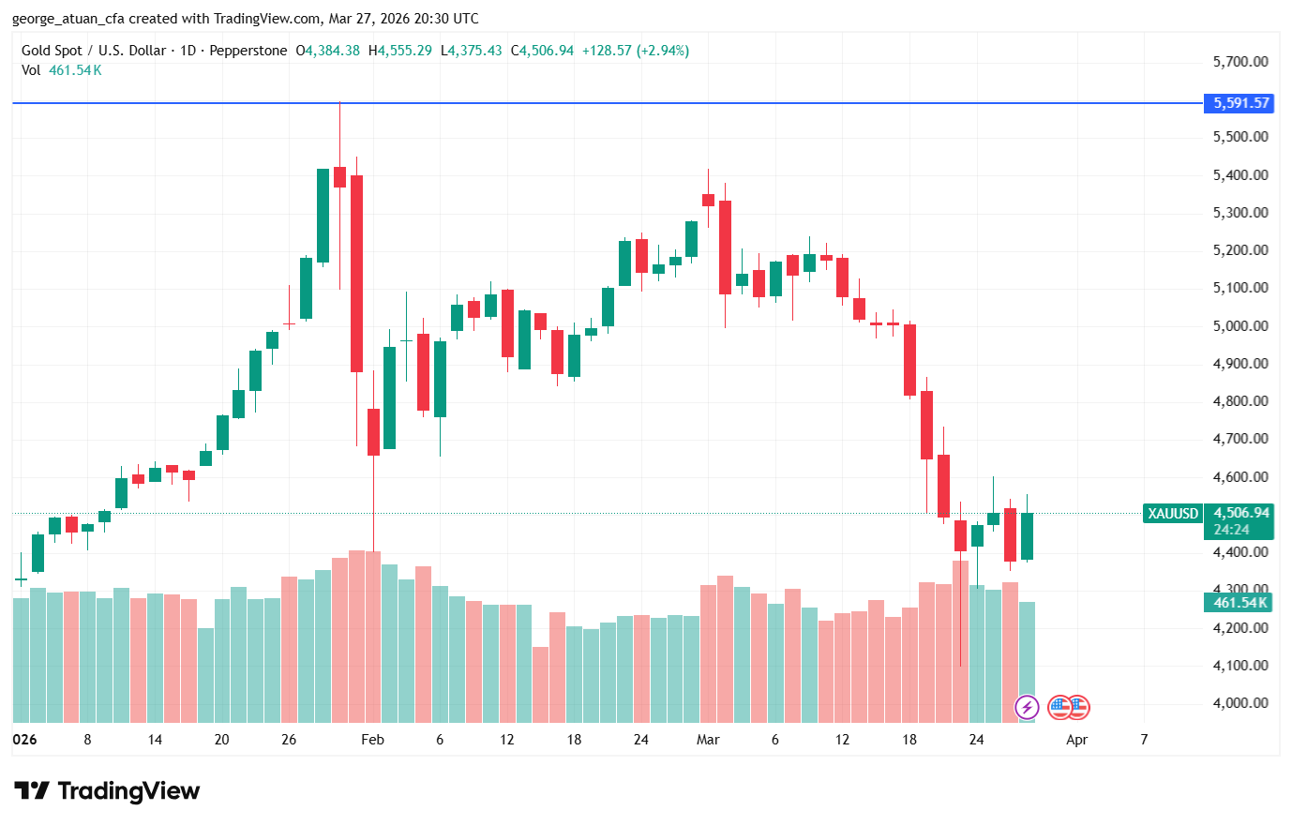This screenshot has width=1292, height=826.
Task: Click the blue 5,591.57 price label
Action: pos(1239,103)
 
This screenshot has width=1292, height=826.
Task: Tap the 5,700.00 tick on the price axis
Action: pos(1239,62)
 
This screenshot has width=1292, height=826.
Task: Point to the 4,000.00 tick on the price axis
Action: pos(1239,703)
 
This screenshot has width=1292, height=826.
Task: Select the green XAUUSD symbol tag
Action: pos(1173,514)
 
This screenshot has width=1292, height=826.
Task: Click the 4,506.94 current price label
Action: pos(1240,513)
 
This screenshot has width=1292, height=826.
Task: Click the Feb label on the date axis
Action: pos(372,740)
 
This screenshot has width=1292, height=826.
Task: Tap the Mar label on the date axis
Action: pos(708,740)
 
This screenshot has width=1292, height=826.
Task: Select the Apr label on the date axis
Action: pos(1076,740)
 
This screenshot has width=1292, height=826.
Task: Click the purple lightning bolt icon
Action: pos(1027,707)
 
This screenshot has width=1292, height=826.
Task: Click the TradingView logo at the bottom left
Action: pos(107,791)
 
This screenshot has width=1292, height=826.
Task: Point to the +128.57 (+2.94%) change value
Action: pos(635,51)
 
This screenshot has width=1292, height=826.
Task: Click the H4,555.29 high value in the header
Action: pos(400,51)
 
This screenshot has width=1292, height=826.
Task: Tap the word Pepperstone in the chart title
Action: pos(248,51)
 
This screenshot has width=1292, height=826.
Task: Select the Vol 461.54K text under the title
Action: pos(62,70)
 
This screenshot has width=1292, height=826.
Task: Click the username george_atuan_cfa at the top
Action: pos(68,19)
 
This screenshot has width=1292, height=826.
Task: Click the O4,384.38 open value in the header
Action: pos(327,51)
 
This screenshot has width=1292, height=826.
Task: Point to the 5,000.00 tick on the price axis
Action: pos(1239,326)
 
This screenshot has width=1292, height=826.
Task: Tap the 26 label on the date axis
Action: pos(289,740)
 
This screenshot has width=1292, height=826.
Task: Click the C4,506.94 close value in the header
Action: pos(542,51)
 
